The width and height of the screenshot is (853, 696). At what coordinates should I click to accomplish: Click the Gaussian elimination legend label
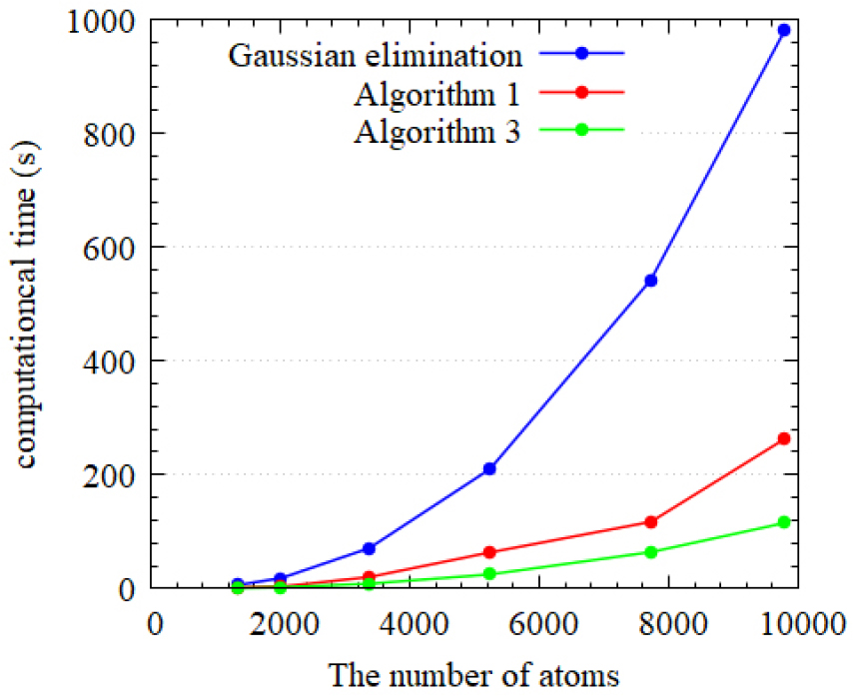[x=375, y=54]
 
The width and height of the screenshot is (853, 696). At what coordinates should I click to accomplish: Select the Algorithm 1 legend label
[x=435, y=93]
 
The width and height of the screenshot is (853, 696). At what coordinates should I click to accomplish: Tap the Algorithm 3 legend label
[x=435, y=132]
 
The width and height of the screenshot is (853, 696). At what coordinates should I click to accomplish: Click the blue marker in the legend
[x=581, y=53]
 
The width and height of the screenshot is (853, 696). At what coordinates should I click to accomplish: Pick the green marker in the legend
[x=581, y=130]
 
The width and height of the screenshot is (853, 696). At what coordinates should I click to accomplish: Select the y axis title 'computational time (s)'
[x=28, y=304]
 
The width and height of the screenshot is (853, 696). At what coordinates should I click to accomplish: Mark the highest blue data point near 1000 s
[x=783, y=30]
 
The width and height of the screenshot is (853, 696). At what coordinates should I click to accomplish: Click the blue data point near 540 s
[x=651, y=281]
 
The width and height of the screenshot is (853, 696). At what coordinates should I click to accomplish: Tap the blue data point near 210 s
[x=489, y=468]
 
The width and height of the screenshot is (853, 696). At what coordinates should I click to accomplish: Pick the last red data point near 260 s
[x=783, y=438]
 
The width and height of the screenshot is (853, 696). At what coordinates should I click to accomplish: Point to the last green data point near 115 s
[x=783, y=522]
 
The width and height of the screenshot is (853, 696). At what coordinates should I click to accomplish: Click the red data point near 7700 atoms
[x=651, y=521]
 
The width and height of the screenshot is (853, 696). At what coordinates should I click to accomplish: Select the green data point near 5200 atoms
[x=489, y=573]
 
